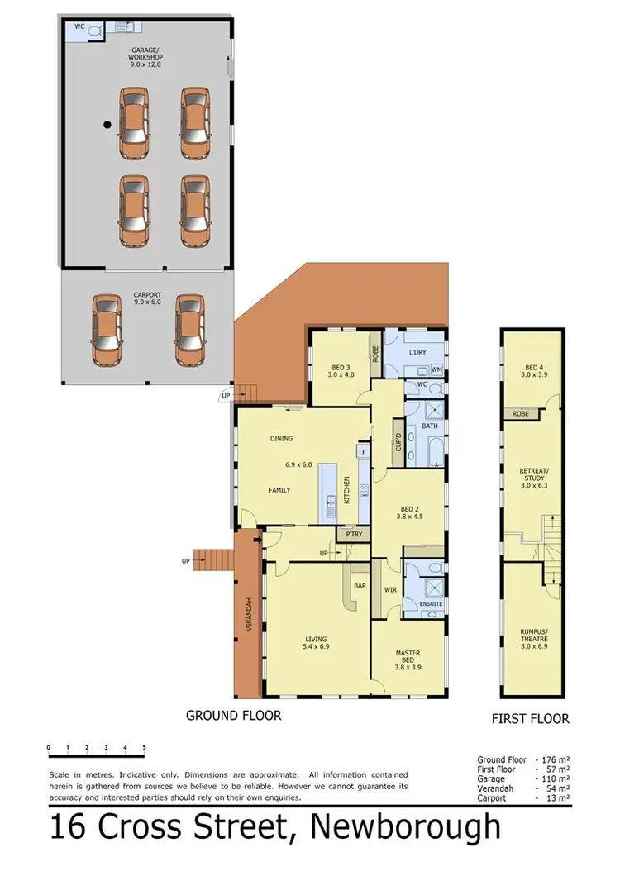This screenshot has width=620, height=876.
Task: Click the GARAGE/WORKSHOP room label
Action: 148,54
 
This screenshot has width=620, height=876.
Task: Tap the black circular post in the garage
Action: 107,126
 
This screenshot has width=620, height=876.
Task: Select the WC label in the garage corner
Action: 80,26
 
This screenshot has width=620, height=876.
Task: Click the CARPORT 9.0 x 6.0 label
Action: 147,298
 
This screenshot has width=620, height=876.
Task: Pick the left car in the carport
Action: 106,331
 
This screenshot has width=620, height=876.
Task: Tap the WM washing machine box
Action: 436,369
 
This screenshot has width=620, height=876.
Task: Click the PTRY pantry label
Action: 355,535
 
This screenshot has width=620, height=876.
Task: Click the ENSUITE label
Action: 432,604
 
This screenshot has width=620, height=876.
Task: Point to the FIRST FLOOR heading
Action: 530,718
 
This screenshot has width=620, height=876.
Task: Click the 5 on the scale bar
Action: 145,747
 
